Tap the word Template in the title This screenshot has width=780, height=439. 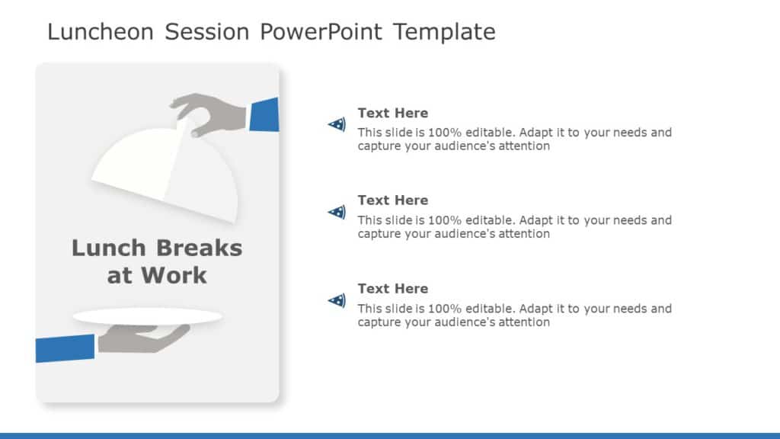click(444, 32)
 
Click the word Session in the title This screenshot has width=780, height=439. click(207, 32)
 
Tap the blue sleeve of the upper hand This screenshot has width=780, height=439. click(264, 115)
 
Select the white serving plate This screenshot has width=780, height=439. click(147, 316)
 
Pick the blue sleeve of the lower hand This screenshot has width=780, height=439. click(65, 348)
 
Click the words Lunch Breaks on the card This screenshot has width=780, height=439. click(157, 248)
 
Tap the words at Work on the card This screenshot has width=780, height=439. click(157, 275)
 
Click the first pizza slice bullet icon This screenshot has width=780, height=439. click(337, 123)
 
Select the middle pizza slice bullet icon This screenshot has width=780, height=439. click(337, 212)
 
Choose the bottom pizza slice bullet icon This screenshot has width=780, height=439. click(337, 300)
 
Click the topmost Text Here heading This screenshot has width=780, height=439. click(393, 113)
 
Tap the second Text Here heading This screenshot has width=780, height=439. click(393, 200)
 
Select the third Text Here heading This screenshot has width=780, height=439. click(393, 289)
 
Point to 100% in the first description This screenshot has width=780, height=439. click(442, 133)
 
